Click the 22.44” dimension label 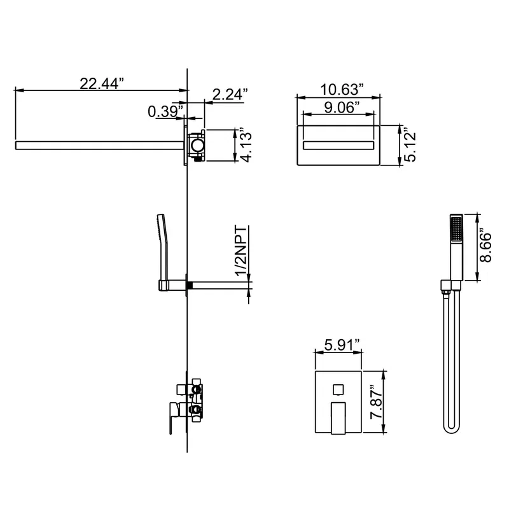point(102,83)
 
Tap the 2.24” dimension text point(230,94)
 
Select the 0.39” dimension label point(165,111)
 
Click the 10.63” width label point(342,90)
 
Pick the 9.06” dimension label point(342,108)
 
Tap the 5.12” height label point(410,146)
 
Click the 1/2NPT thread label point(241,250)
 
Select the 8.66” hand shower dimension point(485,247)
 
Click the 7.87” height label point(377,403)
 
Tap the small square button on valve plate point(338,389)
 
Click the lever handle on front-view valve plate point(338,418)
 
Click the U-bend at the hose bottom point(452,428)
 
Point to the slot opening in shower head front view point(338,145)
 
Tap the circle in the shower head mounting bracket point(197,145)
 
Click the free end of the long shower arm point(16,146)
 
